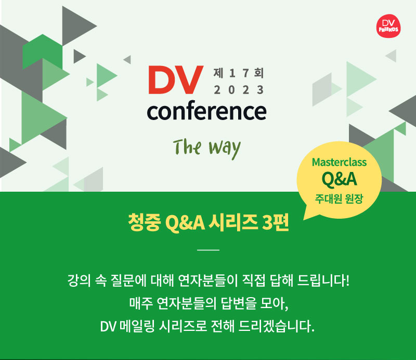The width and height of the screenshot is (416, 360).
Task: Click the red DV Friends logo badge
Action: click(x=388, y=26)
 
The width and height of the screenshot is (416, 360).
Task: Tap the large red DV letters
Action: click(x=176, y=80)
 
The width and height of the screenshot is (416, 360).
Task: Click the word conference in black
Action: click(x=206, y=111)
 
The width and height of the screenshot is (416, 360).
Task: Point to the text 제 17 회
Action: click(x=239, y=73)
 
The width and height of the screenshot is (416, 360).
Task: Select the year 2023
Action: click(x=239, y=90)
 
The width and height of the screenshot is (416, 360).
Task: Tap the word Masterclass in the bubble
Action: click(x=339, y=162)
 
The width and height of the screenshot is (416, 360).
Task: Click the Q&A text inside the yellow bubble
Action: click(x=339, y=179)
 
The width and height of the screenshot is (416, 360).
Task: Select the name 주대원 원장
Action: click(x=339, y=198)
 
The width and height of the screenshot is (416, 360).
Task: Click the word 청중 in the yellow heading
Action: click(x=145, y=222)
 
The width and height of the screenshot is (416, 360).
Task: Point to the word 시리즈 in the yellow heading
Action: click(x=232, y=222)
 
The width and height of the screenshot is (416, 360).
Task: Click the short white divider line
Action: click(x=209, y=250)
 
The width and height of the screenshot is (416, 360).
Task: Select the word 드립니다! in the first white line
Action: click(x=323, y=281)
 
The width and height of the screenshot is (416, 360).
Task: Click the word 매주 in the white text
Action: click(x=141, y=303)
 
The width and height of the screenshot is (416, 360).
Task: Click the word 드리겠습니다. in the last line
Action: click(x=276, y=326)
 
